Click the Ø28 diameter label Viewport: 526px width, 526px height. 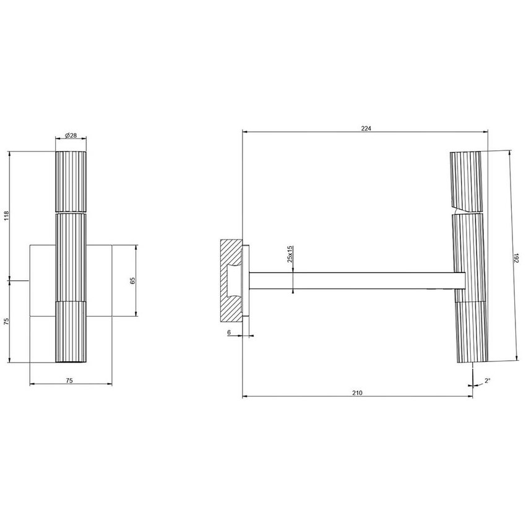pos(71,135)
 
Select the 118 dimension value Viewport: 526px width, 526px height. pos(6,215)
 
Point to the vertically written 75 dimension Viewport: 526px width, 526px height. pos(6,321)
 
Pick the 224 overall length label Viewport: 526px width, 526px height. pos(365,128)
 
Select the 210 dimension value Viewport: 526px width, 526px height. pos(357,393)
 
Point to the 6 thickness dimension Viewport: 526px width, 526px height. pos(230,332)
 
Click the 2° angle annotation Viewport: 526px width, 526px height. pos(487,381)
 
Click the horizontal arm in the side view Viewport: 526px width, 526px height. pos(356,280)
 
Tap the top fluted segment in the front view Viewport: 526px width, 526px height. pos(71,181)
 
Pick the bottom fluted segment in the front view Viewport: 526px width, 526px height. pos(71,332)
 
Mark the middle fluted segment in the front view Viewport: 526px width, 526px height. pos(71,257)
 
